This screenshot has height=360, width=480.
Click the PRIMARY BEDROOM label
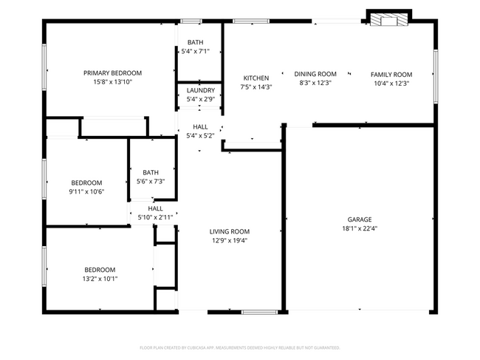(x=112, y=73)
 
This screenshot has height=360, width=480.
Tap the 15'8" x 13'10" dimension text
(x=112, y=82)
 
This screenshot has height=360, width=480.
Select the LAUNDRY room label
(x=200, y=90)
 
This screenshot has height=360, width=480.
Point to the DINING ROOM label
(x=315, y=74)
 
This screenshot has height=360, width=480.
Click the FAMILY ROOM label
(x=391, y=75)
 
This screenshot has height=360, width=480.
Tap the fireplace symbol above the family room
(x=388, y=18)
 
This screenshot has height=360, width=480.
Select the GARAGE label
(x=360, y=220)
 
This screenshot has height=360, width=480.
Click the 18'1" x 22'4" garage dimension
(x=360, y=228)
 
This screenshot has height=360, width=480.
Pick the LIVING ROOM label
(x=229, y=231)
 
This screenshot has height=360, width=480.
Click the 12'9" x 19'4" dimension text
(x=229, y=240)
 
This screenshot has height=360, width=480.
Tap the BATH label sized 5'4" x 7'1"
(x=196, y=42)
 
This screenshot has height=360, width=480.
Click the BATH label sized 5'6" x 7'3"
(x=151, y=172)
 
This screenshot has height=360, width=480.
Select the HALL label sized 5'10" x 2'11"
(x=155, y=208)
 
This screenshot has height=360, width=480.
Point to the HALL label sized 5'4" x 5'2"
(x=200, y=126)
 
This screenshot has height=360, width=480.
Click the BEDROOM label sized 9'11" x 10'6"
(x=86, y=183)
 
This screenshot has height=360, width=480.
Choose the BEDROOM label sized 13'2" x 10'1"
(x=99, y=270)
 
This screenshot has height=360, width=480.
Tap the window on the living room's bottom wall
(x=259, y=312)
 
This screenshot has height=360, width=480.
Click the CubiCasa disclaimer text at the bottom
(x=239, y=347)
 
